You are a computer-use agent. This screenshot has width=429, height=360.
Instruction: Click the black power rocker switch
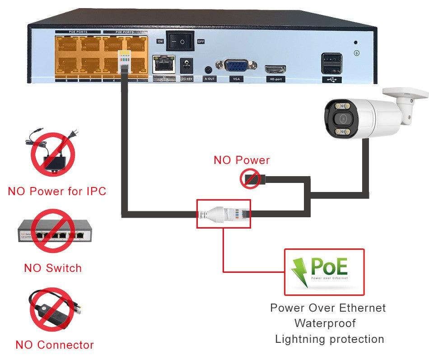pos(181,41)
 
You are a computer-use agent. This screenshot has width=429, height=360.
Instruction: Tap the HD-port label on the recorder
pos(275,79)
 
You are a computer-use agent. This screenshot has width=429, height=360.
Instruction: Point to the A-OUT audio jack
pos(208,70)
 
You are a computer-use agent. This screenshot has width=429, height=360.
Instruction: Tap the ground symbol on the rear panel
pos(356,53)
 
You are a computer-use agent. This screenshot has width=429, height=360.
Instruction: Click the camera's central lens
pos(341,119)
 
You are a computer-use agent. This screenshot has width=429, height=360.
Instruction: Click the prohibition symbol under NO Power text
pos(250,179)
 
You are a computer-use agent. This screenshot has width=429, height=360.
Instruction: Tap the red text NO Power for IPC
pos(57,191)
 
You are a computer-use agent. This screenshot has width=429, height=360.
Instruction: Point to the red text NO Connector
pos(55,345)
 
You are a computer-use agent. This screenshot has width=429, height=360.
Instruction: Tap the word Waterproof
pos(325,323)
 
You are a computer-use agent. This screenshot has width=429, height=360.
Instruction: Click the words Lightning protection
pos(329,339)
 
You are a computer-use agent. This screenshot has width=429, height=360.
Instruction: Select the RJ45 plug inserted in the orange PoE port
pos(124,60)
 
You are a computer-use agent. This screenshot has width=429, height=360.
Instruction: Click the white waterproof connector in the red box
pos(221,214)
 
